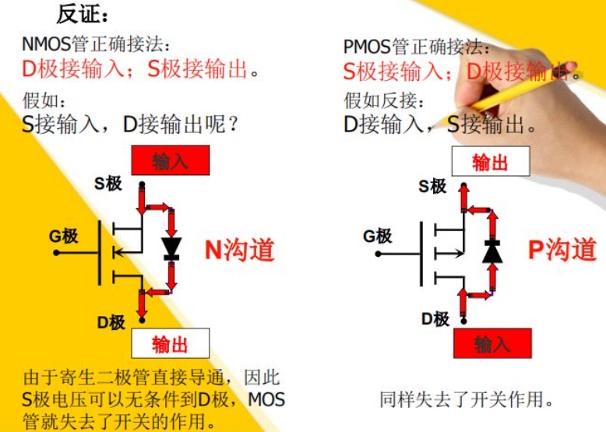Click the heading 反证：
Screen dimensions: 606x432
click(83, 14)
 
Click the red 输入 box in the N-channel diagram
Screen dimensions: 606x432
click(171, 161)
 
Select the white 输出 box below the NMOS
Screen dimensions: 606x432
click(171, 343)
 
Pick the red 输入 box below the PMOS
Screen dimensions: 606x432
click(491, 343)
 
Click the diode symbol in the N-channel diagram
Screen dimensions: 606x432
click(171, 248)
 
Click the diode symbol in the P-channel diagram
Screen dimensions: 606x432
click(491, 251)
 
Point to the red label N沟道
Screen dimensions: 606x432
click(240, 249)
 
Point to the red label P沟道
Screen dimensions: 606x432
click(562, 249)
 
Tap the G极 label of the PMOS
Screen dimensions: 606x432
click(378, 236)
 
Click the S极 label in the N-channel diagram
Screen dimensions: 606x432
click(108, 184)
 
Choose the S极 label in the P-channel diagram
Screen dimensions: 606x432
click(432, 186)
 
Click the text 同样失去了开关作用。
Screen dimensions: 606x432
click(467, 400)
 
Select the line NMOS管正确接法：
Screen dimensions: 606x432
click(97, 44)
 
